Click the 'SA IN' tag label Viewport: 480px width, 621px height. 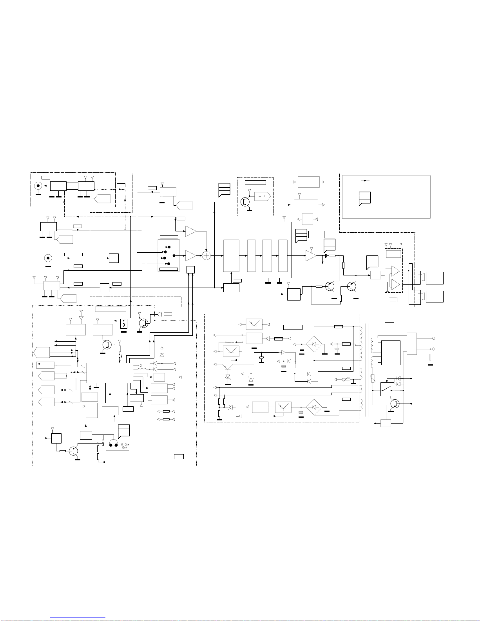261,196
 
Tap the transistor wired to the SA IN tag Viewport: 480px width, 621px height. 245,202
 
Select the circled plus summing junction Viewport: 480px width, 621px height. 206,255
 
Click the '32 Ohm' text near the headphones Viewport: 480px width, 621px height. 125,445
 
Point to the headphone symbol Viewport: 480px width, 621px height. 113,443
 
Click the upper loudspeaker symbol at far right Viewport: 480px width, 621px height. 421,277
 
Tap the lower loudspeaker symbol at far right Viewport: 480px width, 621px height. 421,296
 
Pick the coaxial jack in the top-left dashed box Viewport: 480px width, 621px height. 38,186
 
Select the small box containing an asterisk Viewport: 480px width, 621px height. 45,365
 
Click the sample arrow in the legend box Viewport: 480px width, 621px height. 366,181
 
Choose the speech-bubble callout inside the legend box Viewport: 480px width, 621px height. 365,198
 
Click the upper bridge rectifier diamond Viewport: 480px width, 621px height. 314,344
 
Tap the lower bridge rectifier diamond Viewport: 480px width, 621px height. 314,407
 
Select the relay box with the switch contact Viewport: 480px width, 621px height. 387,389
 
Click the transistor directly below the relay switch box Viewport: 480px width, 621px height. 395,404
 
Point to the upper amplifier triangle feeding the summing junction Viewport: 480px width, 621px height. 191,231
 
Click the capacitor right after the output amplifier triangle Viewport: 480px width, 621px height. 326,255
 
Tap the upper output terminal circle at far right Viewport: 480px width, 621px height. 434,339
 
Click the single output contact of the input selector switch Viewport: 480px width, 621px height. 174,255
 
